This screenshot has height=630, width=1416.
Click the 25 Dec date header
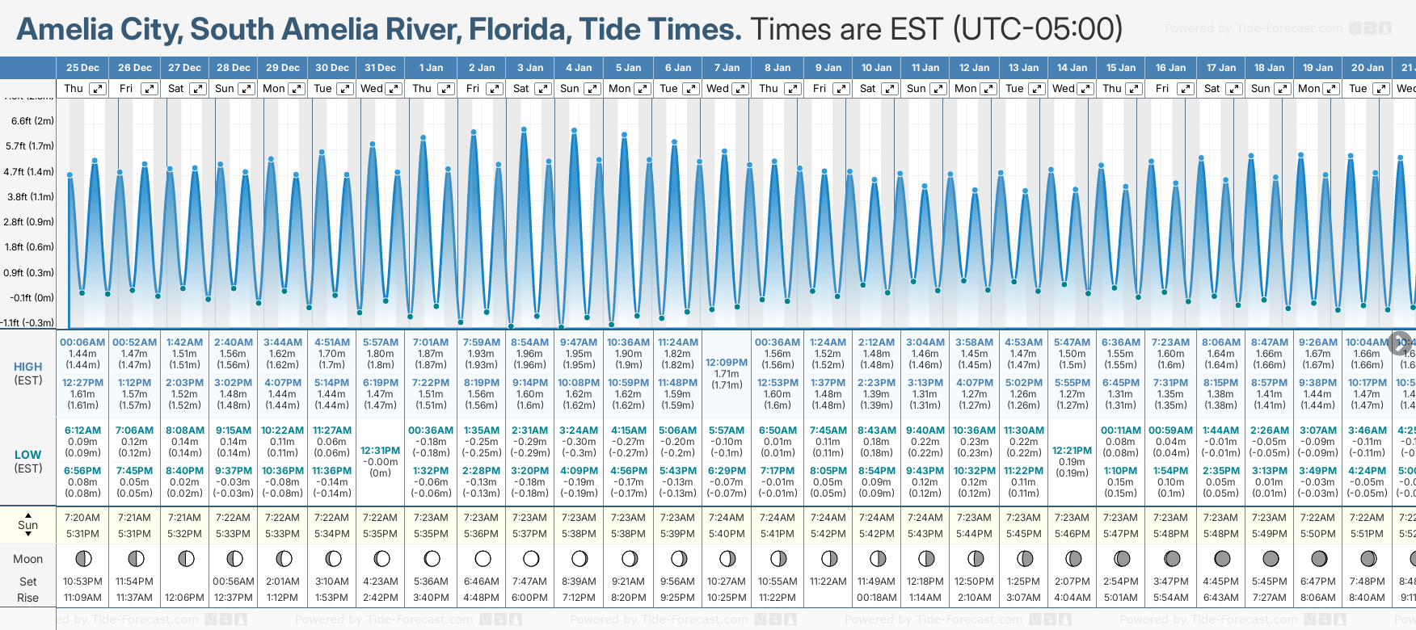click(x=82, y=68)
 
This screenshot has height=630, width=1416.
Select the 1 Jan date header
click(x=431, y=68)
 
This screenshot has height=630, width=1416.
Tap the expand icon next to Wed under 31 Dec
click(x=394, y=89)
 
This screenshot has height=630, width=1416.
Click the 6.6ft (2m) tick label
click(x=32, y=121)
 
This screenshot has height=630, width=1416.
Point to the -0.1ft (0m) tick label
click(x=32, y=297)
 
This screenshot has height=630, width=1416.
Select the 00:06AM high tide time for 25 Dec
click(x=82, y=342)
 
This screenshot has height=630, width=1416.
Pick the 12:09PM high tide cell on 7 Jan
click(x=727, y=363)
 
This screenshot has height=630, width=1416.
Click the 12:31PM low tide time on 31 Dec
click(x=380, y=451)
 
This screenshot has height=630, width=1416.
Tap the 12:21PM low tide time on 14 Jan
click(x=1072, y=451)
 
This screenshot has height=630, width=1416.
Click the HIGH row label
click(x=27, y=367)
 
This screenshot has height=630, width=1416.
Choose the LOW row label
click(x=27, y=455)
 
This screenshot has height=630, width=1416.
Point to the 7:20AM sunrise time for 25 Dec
click(x=82, y=518)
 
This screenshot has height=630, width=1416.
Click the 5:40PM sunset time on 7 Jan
click(x=727, y=534)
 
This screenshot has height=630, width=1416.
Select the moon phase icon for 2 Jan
click(x=483, y=559)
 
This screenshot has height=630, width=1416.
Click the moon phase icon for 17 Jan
click(x=1221, y=559)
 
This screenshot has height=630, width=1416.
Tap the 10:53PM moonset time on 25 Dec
click(x=82, y=582)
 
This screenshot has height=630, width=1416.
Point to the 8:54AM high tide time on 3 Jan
click(x=530, y=342)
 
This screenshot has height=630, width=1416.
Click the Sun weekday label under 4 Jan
click(x=570, y=89)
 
